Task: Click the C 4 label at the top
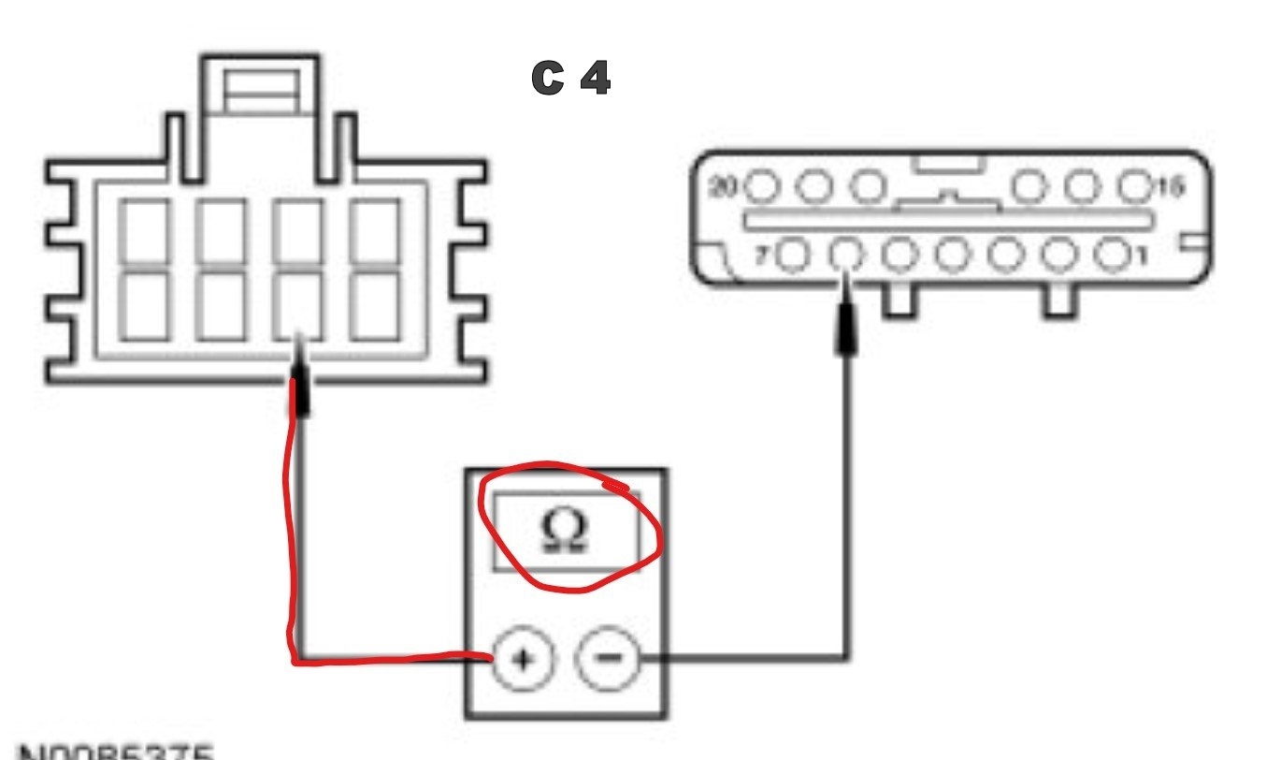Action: point(571,80)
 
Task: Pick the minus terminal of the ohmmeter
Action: point(607,659)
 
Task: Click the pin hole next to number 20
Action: point(763,187)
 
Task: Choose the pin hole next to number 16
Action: point(1136,187)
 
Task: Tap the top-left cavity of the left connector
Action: point(144,231)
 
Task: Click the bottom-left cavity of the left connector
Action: point(144,305)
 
